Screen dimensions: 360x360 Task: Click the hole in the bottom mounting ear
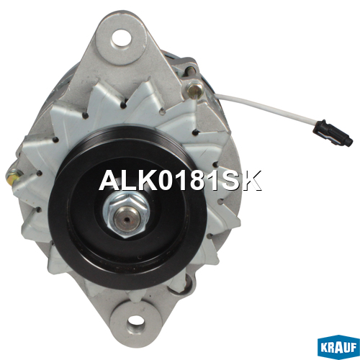pyautogui.click(x=136, y=324)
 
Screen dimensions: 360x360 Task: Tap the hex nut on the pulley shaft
pyautogui.click(x=125, y=215)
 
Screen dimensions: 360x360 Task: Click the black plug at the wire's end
pyautogui.click(x=333, y=132)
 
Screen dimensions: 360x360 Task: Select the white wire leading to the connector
pyautogui.click(x=266, y=106)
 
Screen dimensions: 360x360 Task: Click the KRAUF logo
pyautogui.click(x=338, y=348)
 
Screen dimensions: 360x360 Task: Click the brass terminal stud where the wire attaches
pyautogui.click(x=194, y=89)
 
